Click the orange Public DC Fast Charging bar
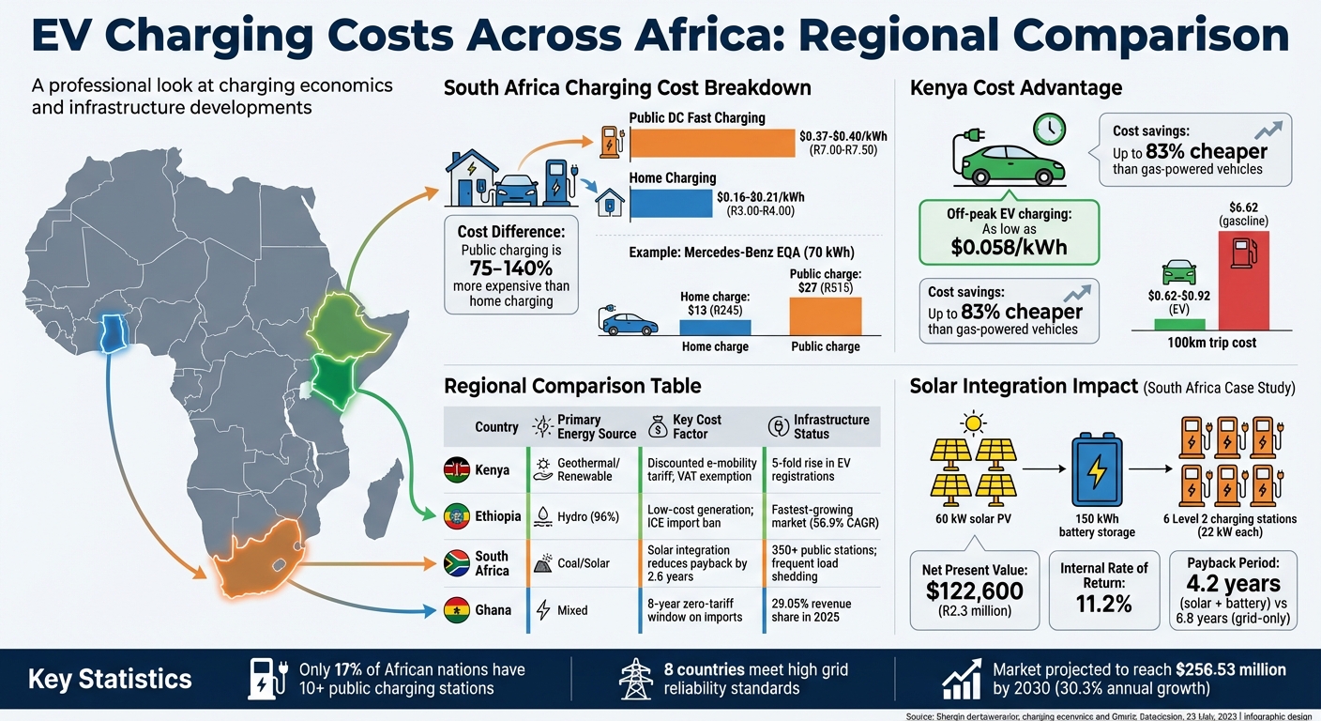[x=712, y=143]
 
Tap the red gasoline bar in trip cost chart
[x=1242, y=280]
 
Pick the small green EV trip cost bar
[x=1179, y=324]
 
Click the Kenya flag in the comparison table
[x=457, y=469]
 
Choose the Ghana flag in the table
[x=457, y=610]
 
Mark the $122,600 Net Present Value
[x=974, y=591]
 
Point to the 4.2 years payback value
[x=1233, y=582]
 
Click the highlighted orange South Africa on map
[x=258, y=563]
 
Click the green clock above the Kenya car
[x=1049, y=129]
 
